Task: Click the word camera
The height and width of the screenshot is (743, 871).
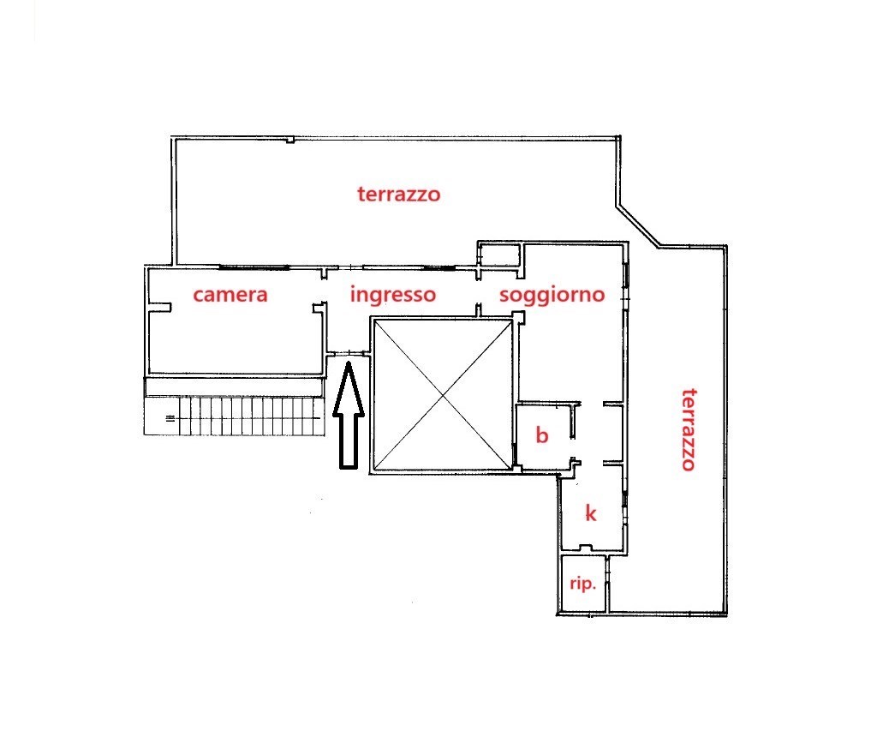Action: pyautogui.click(x=230, y=296)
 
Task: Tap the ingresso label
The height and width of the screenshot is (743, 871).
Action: pyautogui.click(x=393, y=296)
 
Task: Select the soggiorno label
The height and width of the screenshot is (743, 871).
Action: pyautogui.click(x=552, y=296)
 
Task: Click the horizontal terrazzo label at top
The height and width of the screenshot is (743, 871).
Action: pyautogui.click(x=398, y=195)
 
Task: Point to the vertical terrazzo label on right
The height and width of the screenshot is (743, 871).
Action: pyautogui.click(x=687, y=429)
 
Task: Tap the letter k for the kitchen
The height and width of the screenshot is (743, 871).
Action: pyautogui.click(x=590, y=513)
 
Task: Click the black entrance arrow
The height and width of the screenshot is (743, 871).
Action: pyautogui.click(x=348, y=420)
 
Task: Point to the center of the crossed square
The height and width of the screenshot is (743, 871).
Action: pyautogui.click(x=441, y=394)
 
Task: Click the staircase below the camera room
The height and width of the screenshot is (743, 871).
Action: pyautogui.click(x=248, y=416)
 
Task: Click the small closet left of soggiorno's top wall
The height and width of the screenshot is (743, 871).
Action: pyautogui.click(x=499, y=255)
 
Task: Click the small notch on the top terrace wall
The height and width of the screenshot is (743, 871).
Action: pyautogui.click(x=291, y=140)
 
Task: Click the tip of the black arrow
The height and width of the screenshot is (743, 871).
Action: pyautogui.click(x=348, y=366)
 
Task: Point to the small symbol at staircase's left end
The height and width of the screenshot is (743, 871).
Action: pyautogui.click(x=170, y=418)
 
